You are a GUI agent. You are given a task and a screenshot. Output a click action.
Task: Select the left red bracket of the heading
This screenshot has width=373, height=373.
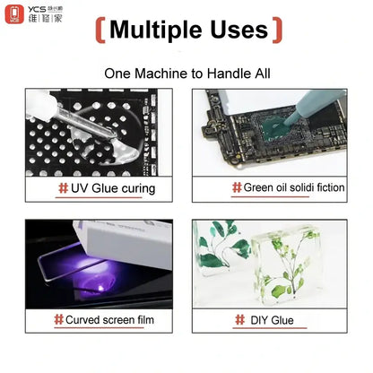pos(100,30)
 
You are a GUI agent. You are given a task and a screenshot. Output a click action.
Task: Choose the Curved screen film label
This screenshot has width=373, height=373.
pos(104,319)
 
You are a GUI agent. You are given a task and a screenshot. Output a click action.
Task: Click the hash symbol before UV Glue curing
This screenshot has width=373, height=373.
pos(62,188)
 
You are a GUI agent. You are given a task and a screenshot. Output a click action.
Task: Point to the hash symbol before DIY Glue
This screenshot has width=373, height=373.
pos(240,319)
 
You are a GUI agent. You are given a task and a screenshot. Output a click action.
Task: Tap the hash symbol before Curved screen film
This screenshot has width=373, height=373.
pos(57,319)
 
